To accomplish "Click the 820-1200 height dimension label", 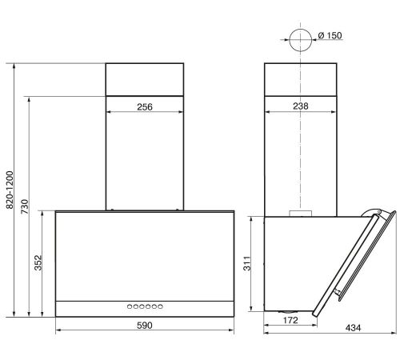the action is (x=10, y=190).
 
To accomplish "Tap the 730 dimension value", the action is (x=25, y=206).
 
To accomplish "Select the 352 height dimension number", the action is (x=38, y=262).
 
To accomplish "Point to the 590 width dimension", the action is (x=145, y=326).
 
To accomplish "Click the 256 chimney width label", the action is (x=145, y=107).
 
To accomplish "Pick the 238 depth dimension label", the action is (x=301, y=106).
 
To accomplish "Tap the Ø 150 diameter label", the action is (x=330, y=35).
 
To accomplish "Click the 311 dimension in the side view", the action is (x=247, y=263).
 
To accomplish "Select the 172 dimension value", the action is (x=290, y=320).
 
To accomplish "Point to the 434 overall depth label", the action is (x=353, y=328).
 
